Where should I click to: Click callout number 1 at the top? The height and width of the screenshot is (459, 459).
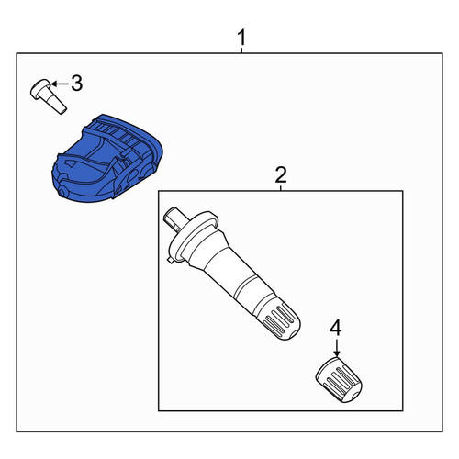(x=241, y=38)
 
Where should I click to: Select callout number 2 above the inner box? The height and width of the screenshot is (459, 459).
(x=281, y=174)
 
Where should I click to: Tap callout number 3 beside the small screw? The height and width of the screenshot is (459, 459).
(x=77, y=83)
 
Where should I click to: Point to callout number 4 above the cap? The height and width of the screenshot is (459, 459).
(x=335, y=327)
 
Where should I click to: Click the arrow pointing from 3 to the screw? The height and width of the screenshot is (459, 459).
(x=60, y=84)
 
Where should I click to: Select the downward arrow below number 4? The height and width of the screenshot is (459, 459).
(x=336, y=347)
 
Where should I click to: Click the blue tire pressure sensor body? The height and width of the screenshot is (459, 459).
(x=107, y=159)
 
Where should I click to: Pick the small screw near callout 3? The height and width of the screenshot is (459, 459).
(x=48, y=95)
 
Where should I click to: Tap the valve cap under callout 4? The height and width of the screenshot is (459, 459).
(x=339, y=380)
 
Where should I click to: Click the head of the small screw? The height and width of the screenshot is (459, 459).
(x=41, y=88)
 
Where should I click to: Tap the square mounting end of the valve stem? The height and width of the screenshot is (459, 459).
(x=174, y=218)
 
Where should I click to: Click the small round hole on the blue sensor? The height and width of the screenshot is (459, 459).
(x=63, y=192)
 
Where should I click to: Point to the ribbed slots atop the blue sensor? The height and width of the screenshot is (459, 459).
(x=118, y=131)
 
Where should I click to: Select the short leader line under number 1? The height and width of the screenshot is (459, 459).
(x=241, y=50)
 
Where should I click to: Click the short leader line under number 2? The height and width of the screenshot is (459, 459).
(x=281, y=187)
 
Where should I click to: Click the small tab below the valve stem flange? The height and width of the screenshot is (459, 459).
(x=171, y=260)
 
